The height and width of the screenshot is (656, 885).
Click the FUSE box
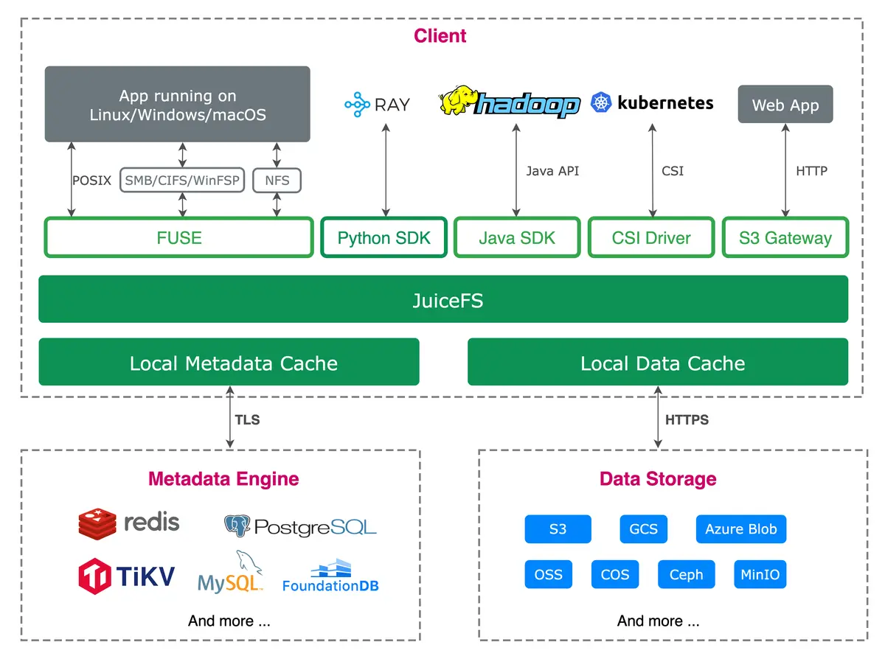click(179, 237)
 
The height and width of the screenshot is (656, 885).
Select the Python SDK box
click(383, 237)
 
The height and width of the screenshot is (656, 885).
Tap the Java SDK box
click(517, 237)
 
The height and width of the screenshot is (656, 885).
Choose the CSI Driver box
click(651, 237)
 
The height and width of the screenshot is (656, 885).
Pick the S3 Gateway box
click(785, 237)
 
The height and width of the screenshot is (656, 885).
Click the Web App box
click(785, 105)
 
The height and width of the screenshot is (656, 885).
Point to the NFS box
click(277, 180)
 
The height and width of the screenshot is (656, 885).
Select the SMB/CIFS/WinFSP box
click(183, 180)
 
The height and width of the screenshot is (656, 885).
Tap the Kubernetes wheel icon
click(602, 103)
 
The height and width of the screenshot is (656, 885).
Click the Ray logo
click(357, 105)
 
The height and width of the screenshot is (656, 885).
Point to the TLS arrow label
click(247, 420)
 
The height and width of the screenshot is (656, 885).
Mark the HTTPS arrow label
click(687, 420)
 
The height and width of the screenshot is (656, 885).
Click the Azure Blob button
click(740, 529)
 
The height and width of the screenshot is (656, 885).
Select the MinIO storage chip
click(760, 574)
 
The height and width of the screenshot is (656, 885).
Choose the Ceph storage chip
click(686, 574)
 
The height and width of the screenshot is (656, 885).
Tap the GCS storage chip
click(643, 529)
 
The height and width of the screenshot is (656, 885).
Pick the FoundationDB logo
click(330, 576)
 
